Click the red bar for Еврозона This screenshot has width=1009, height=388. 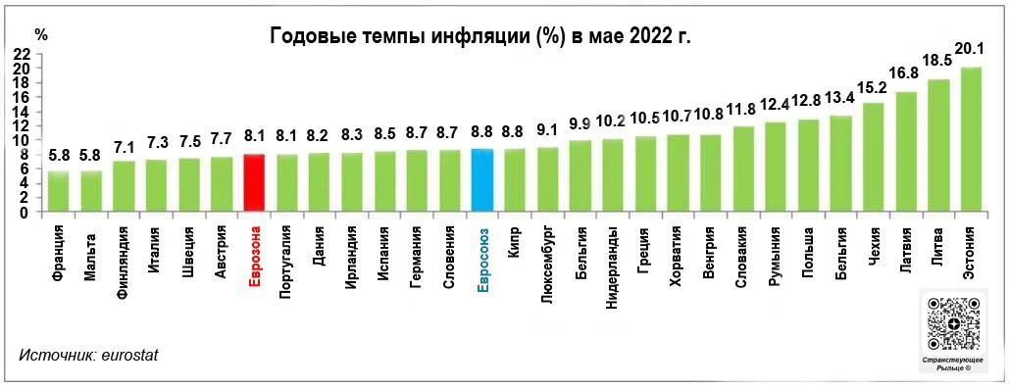pos(254,182)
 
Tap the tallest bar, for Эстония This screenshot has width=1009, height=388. pos(970,139)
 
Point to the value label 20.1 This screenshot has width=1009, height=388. pos(970,48)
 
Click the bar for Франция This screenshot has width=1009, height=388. pos(59,191)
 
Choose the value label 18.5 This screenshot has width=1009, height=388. pos(937,61)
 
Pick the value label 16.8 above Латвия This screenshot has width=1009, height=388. pos(904,73)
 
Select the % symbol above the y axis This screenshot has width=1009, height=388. pos(40,32)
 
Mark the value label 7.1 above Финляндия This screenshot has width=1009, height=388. pos(125,146)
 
